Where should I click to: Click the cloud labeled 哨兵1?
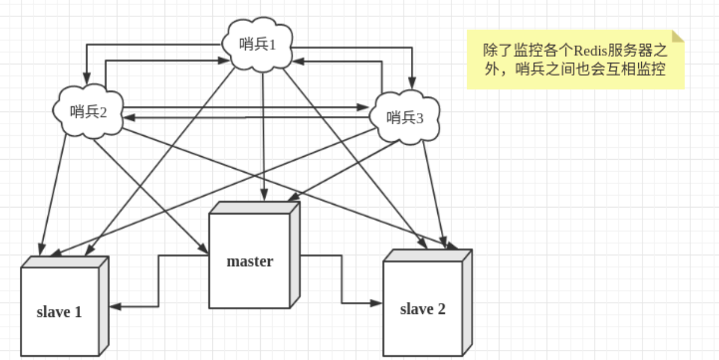pos(257,45)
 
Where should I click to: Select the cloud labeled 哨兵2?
pos(88,112)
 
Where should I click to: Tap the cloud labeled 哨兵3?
pos(405,118)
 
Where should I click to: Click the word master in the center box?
pos(249,261)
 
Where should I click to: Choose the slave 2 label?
pos(422,309)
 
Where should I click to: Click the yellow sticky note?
pos(574,60)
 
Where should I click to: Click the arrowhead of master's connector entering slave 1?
pos(115,306)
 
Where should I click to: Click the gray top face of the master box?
pos(254,208)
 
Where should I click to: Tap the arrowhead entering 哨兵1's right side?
pos(298,61)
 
